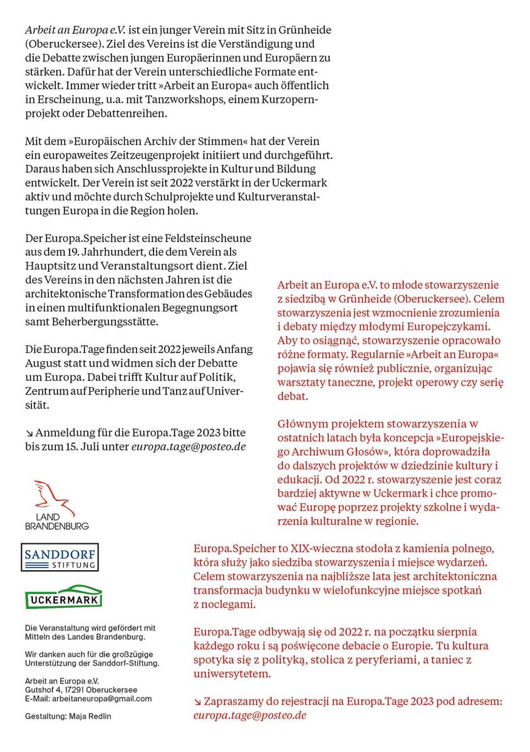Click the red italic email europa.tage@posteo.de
click(x=250, y=715)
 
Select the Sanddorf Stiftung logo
click(x=60, y=556)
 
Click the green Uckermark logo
click(x=63, y=597)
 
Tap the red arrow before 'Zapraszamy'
click(x=198, y=702)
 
